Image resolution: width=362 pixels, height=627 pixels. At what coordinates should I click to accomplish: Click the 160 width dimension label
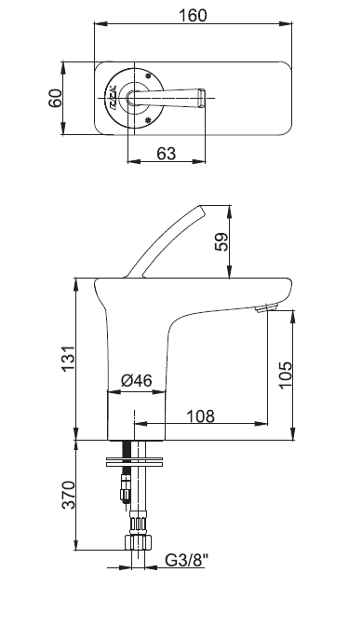[x=193, y=15]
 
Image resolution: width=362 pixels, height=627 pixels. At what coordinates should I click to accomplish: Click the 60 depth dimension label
[x=56, y=99]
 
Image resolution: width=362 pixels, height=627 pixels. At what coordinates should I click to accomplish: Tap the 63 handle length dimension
[x=166, y=153]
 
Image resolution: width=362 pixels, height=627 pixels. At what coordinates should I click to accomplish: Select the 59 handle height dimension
[x=221, y=241]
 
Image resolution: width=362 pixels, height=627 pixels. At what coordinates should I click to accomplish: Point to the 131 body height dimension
[x=68, y=358]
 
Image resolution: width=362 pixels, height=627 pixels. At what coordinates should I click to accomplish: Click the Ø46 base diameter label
[x=137, y=380]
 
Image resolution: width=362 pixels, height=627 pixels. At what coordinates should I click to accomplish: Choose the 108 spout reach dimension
[x=201, y=416]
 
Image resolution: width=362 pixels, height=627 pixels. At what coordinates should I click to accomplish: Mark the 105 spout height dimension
[x=286, y=375]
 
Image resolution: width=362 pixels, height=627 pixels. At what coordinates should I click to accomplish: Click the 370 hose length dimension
[x=68, y=495]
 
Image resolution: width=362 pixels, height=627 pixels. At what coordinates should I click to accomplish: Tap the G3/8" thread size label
[x=187, y=560]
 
